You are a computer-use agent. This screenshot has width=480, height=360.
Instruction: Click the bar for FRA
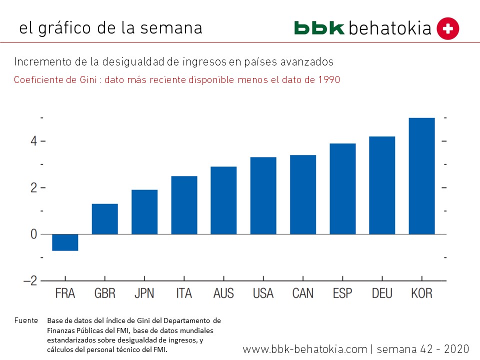[x=65, y=242]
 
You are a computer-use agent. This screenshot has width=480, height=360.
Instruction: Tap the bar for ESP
[x=342, y=189]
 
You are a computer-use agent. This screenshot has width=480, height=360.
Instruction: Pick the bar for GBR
[x=105, y=219]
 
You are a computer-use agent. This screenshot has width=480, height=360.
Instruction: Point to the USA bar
[x=263, y=195]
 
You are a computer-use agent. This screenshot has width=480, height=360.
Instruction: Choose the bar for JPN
[x=144, y=212]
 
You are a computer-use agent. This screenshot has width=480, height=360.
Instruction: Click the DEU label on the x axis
[x=382, y=293]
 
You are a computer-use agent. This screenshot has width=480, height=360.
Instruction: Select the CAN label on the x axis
[x=303, y=293]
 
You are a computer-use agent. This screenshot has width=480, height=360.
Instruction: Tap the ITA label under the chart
[x=184, y=293]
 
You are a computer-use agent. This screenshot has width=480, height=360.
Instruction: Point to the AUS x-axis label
[x=223, y=293]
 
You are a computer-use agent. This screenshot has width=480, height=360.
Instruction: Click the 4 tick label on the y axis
[x=33, y=141]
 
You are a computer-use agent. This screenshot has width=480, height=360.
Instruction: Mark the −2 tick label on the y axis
[x=30, y=281]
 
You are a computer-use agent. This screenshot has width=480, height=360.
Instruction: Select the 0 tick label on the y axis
[x=33, y=234]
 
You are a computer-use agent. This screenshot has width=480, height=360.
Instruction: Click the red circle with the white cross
[x=447, y=28]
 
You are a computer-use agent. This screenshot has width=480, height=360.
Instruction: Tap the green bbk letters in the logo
[x=319, y=28]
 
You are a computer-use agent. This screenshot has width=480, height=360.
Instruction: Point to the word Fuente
[x=26, y=320]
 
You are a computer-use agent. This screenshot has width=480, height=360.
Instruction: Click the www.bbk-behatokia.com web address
[x=305, y=349]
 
